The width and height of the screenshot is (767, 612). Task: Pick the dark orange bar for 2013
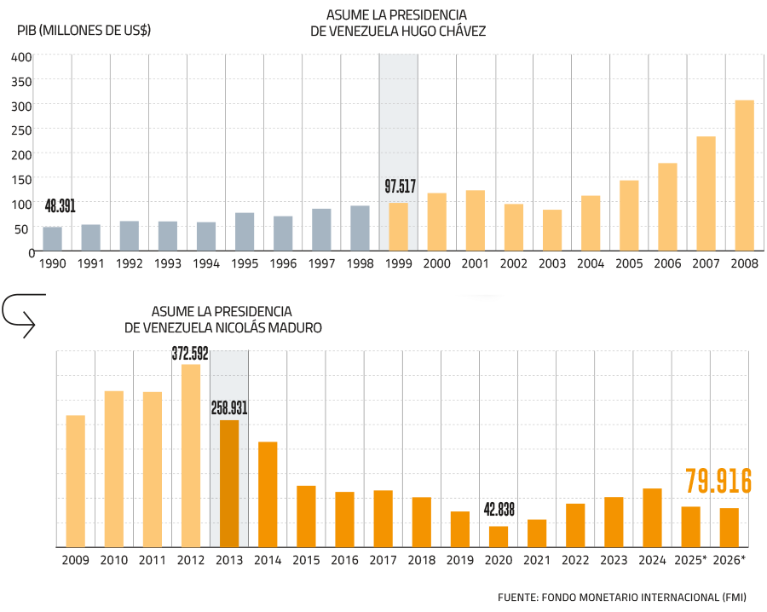pos(229,483)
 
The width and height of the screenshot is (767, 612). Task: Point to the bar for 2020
pos(499,536)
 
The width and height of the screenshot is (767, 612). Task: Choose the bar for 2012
pos(191,455)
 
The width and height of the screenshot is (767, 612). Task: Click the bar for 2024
pos(652,517)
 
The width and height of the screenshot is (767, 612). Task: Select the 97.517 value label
pos(400,187)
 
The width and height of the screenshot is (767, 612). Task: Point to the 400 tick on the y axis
pos(22,57)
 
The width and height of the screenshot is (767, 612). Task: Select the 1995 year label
pos(245,263)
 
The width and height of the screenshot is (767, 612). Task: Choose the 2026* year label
pos(730,560)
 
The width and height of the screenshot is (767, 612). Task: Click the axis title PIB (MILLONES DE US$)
pos(84,31)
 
